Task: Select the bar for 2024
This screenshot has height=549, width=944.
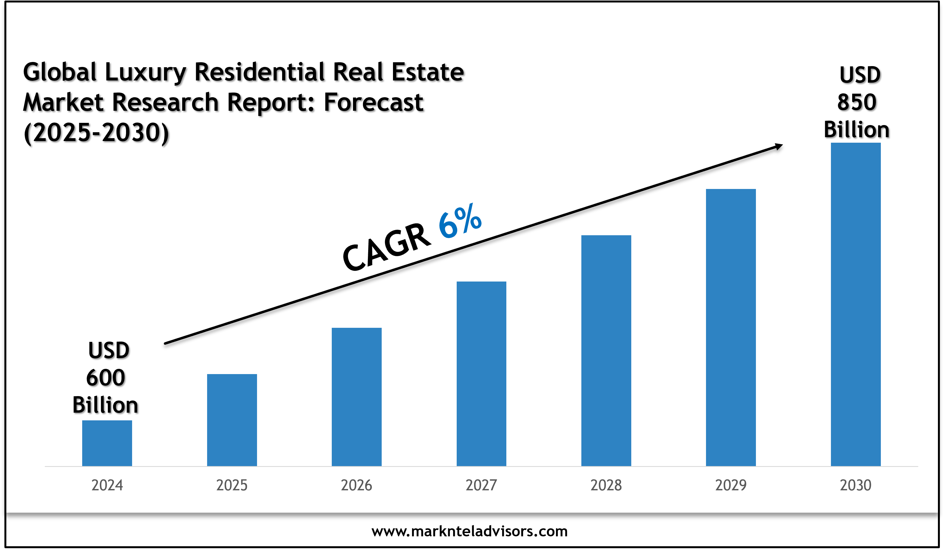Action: point(107,443)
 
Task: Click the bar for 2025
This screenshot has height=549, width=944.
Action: point(232,420)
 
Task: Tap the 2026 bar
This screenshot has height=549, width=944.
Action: point(357,397)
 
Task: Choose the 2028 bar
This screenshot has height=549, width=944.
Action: point(606,350)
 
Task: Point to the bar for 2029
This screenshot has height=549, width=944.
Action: point(731,328)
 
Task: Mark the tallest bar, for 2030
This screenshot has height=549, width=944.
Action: point(855,304)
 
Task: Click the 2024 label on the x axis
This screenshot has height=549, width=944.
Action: point(107,485)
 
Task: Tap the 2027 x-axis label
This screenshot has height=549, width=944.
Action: point(481,485)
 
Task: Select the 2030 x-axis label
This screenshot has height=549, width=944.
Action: point(855,485)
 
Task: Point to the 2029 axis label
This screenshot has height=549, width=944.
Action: point(731,485)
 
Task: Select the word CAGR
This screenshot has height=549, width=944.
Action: point(387,247)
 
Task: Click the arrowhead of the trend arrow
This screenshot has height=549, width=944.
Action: point(779,146)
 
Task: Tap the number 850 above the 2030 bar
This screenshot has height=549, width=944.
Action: point(857,102)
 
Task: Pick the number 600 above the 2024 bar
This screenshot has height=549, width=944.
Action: point(106,378)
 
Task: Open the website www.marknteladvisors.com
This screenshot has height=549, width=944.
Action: point(469,531)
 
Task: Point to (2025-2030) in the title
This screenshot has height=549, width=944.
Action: point(96,133)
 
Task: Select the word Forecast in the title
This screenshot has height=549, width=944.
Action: point(373,102)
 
